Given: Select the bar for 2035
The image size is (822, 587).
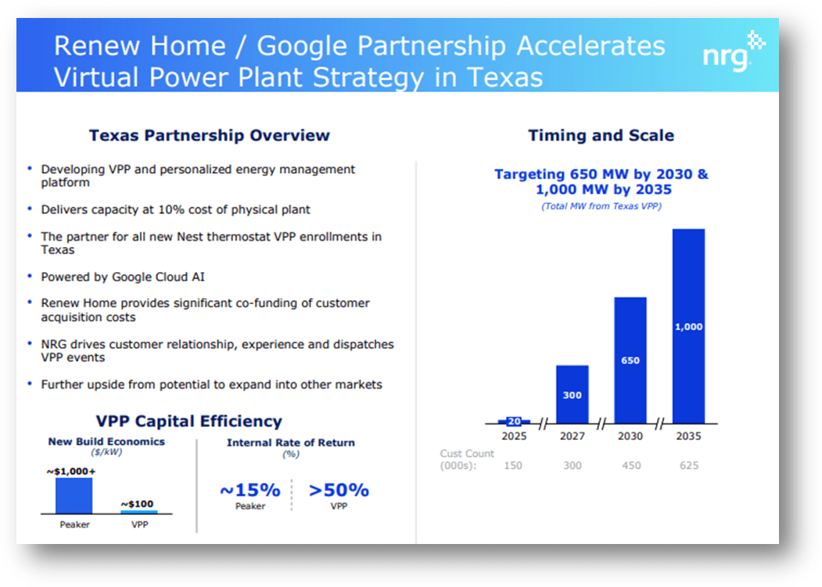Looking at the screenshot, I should pos(688,326).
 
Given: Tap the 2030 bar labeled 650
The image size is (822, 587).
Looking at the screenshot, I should pos(630,360).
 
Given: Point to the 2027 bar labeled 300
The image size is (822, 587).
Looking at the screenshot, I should pos(572,394).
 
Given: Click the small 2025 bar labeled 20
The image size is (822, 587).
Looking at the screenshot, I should pos(514,421).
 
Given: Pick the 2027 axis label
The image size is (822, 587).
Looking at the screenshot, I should pos(572,436).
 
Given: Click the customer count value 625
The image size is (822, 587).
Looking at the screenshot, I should pos(688,466).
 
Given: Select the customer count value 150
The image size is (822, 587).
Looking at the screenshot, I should pos(514,466).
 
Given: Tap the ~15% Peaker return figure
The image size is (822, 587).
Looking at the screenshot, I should pos(249,490).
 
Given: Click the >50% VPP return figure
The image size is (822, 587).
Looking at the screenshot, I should pos(338,490).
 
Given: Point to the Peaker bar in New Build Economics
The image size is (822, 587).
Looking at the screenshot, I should pos(74,495).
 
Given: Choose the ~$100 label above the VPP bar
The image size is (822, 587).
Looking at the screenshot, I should pos(138,503).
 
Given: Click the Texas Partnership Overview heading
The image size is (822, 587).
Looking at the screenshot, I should pos(210,135).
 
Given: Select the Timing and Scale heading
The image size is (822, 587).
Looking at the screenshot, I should pos(601,135).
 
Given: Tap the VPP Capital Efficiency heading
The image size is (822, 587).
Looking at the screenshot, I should pos(188,421).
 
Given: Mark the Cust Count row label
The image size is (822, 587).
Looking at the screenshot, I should pos(467,460).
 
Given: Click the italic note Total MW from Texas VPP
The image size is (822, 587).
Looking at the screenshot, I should pos(601,206).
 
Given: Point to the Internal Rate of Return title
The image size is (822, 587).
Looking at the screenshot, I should pos(290,442).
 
